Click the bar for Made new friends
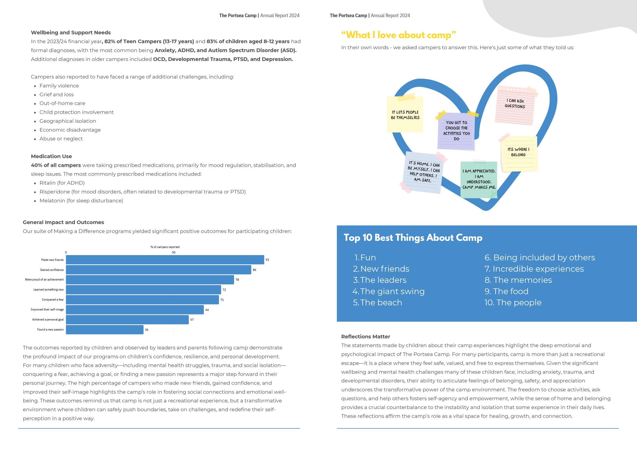165,260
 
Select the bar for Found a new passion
105,330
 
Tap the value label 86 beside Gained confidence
254,270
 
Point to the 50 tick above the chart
173,252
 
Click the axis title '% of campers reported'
165,247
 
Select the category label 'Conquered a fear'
53,300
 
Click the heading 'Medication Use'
51,156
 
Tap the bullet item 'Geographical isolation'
68,121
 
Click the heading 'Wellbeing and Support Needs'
71,32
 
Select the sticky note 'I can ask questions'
515,105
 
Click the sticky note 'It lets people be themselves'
405,115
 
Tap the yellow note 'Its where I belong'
519,153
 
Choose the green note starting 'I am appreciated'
479,179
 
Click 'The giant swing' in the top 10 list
392,291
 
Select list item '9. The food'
506,291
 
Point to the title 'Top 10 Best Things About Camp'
413,238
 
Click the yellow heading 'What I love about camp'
398,35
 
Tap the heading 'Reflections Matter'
366,337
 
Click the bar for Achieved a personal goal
127,320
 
